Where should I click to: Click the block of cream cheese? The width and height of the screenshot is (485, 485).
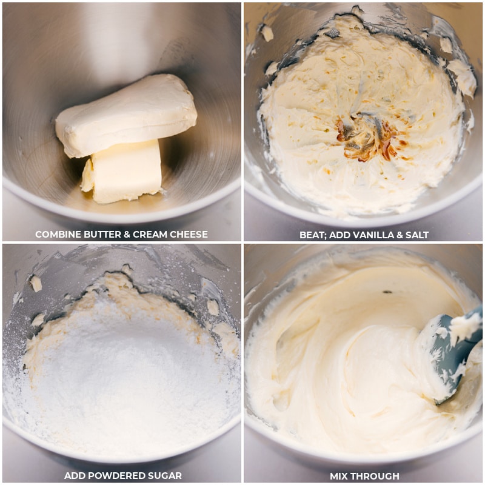[x=126, y=116]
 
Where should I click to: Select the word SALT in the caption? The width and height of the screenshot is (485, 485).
[x=416, y=235]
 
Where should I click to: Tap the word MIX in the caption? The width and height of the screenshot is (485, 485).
[x=339, y=476]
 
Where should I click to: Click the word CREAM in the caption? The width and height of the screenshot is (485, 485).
[x=150, y=234]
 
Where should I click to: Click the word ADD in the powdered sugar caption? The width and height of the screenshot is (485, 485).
[x=73, y=475]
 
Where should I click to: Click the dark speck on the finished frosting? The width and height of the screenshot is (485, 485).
[x=387, y=292]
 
